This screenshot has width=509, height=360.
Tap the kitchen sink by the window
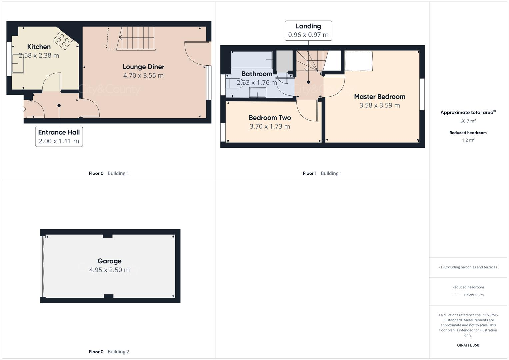click(x=18, y=64)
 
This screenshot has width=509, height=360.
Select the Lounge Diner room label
click(x=143, y=67)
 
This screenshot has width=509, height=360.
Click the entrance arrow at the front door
click(x=23, y=109)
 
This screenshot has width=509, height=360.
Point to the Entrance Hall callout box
click(x=59, y=137)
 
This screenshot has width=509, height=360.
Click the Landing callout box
click(x=308, y=31)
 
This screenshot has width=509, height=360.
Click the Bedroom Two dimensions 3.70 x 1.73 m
click(x=270, y=126)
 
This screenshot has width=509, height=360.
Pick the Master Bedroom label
click(x=380, y=97)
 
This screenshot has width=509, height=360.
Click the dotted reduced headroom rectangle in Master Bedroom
click(x=359, y=61)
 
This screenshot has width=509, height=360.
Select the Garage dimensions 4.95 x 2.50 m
click(x=109, y=270)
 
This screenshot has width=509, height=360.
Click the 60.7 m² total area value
click(x=468, y=121)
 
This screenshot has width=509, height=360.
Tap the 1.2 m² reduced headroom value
click(x=468, y=140)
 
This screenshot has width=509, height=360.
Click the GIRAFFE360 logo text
click(x=468, y=345)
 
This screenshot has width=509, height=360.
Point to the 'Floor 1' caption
click(x=310, y=173)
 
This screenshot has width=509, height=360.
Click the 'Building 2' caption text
click(x=118, y=352)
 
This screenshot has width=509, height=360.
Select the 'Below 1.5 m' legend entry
click(x=474, y=295)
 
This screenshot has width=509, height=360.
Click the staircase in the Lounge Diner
click(x=136, y=38)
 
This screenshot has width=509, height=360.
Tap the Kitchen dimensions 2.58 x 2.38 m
click(x=39, y=56)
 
